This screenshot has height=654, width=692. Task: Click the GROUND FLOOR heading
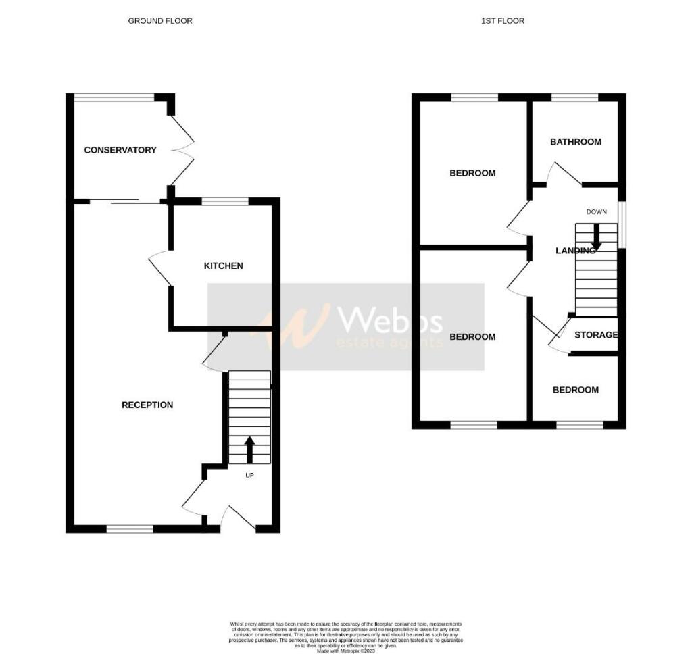pyautogui.click(x=160, y=21)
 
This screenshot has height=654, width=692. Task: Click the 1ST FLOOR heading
pyautogui.click(x=502, y=21)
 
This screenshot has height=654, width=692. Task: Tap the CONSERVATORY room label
pyautogui.click(x=120, y=150)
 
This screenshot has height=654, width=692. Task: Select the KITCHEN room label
pyautogui.click(x=224, y=266)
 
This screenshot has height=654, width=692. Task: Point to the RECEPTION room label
pyautogui.click(x=147, y=405)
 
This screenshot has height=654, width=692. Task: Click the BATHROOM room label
pyautogui.click(x=576, y=142)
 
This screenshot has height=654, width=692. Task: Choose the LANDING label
pyautogui.click(x=575, y=251)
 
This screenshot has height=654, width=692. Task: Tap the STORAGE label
pyautogui.click(x=596, y=335)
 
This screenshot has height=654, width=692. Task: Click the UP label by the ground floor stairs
pyautogui.click(x=250, y=475)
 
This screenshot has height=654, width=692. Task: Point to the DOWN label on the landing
pyautogui.click(x=597, y=212)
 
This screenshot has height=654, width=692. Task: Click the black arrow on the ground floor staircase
pyautogui.click(x=249, y=449)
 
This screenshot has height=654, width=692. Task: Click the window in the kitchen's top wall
pyautogui.click(x=225, y=201)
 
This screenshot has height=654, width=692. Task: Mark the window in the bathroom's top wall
pyautogui.click(x=574, y=98)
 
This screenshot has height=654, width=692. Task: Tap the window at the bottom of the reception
pyautogui.click(x=130, y=529)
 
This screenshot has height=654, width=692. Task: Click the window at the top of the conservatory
pyautogui.click(x=114, y=97)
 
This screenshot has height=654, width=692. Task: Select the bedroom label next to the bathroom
pyautogui.click(x=472, y=173)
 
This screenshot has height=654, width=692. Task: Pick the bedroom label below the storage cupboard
pyautogui.click(x=576, y=390)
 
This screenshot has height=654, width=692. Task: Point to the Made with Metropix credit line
pyautogui.click(x=346, y=649)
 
